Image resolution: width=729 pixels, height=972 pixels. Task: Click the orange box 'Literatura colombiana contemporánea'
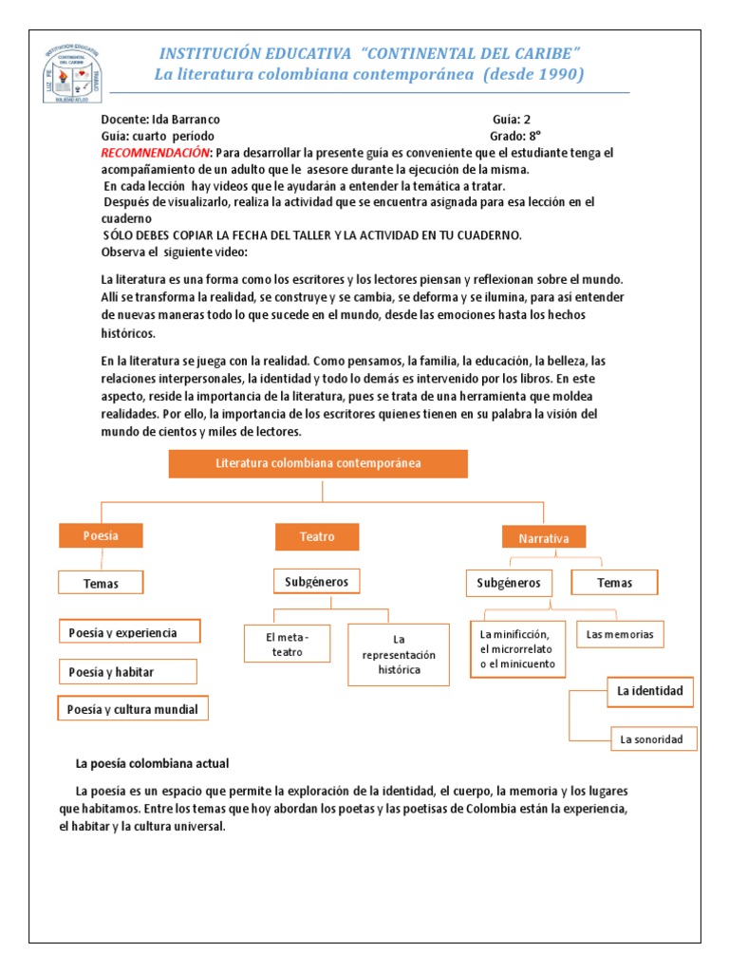tap(318, 463)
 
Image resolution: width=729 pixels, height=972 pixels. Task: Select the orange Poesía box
tap(101, 535)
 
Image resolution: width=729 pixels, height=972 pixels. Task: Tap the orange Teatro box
tap(317, 536)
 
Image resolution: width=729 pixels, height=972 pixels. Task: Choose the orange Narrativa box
tap(544, 538)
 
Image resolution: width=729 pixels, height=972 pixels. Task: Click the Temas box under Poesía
tap(101, 583)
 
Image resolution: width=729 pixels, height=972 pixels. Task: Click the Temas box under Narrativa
tap(614, 582)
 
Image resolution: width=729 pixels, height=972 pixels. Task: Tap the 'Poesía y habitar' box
tap(127, 672)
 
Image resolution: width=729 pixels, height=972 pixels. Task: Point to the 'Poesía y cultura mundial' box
tap(134, 708)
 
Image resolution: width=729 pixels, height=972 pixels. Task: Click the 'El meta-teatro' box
tap(288, 645)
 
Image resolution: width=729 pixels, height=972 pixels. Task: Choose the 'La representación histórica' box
tap(398, 654)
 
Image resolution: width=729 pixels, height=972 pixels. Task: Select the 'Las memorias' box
tap(621, 634)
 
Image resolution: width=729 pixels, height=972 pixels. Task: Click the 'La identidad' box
tap(649, 691)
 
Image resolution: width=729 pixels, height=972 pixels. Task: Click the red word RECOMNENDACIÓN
tap(156, 153)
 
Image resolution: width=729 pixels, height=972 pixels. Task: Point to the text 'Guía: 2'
tap(518, 120)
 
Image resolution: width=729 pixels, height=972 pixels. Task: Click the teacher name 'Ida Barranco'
tap(186, 120)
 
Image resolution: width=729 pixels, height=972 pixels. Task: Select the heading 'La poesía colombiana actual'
tap(152, 763)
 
